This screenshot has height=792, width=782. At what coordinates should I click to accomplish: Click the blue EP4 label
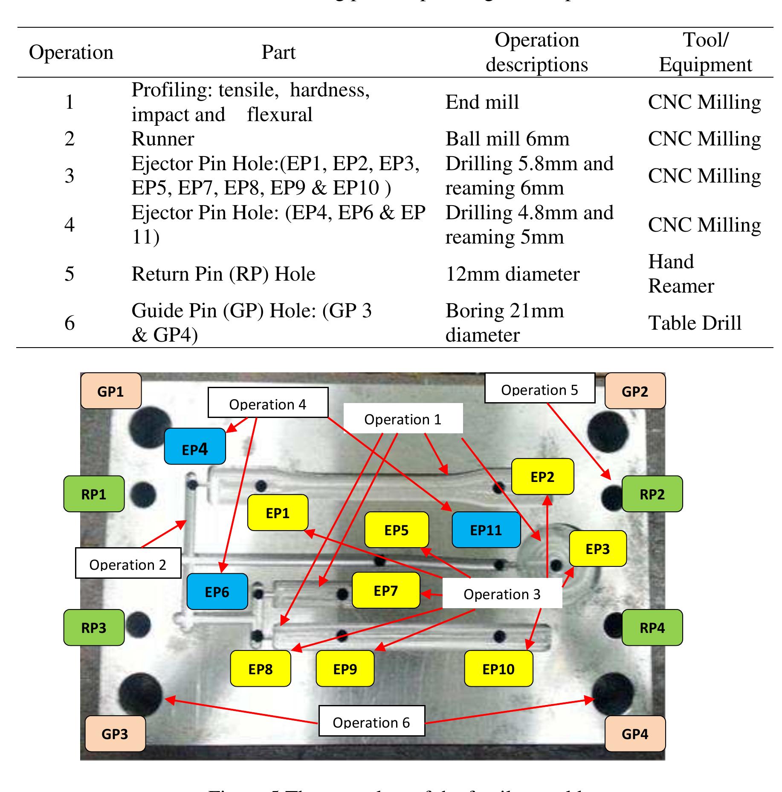[195, 446]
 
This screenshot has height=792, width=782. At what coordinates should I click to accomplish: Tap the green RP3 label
[94, 627]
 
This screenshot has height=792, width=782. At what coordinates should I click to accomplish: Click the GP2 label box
[635, 391]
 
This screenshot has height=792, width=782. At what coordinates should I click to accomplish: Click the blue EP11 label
[486, 530]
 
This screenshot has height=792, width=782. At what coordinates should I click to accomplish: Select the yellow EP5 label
[397, 530]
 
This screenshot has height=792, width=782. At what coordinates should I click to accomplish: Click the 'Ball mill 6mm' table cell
[507, 139]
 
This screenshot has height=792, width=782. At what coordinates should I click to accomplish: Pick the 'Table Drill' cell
[695, 323]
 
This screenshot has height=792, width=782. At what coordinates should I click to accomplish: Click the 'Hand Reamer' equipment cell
[681, 274]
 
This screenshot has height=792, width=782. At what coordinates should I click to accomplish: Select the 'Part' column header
[278, 52]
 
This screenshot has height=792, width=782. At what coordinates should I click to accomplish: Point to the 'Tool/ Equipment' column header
[706, 52]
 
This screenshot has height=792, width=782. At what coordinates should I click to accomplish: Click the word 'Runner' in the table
[163, 139]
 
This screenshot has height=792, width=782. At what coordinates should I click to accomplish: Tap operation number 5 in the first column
[70, 274]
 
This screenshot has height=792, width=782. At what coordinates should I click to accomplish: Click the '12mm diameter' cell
[513, 274]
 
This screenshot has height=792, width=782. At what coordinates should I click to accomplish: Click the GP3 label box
[115, 734]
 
